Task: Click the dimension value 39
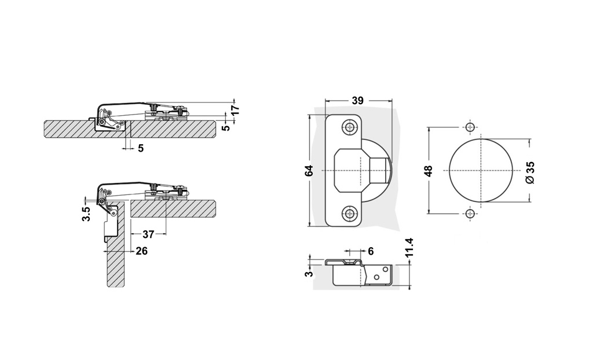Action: [357, 101]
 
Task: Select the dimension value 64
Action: [309, 171]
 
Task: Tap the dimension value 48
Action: [429, 171]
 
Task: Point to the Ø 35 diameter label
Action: [530, 172]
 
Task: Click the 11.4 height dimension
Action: [409, 247]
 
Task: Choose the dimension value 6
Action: [370, 251]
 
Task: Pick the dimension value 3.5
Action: [86, 214]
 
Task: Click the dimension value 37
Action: [148, 234]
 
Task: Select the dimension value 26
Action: [141, 251]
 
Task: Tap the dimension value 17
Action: [235, 110]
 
